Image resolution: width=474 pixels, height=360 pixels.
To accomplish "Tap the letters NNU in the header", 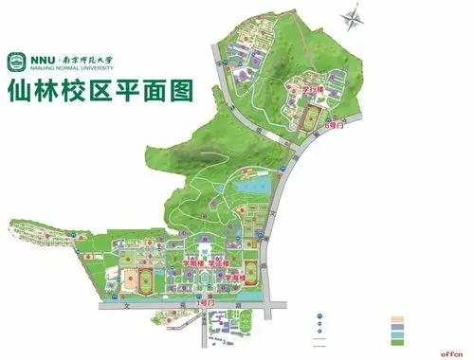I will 41,55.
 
